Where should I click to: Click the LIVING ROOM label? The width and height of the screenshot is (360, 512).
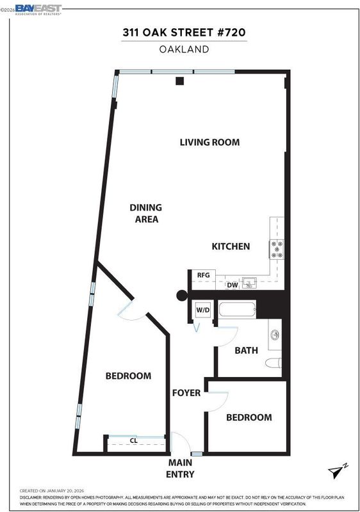pos(209,142)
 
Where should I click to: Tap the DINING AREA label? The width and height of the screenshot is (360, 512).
pos(146,213)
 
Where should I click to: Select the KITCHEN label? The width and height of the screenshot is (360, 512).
pos(231,246)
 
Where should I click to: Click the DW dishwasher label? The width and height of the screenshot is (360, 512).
pos(233,285)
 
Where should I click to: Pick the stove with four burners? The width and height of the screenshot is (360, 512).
pos(277,250)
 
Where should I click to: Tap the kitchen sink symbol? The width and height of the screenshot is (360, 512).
pos(249,282)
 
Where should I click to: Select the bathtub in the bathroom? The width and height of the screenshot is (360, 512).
pos(237,309)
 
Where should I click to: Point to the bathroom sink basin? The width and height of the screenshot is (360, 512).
pos(275,335)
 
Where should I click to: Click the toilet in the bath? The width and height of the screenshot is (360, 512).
pos(274,362)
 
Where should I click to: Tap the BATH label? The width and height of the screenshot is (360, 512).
pos(247,350)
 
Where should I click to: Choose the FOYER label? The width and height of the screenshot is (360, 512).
pos(186,393)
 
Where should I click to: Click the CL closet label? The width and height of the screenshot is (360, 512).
pos(134,440)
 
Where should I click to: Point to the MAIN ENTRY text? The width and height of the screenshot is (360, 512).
pos(180,468)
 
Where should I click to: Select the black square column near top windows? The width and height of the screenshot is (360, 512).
pos(179,81)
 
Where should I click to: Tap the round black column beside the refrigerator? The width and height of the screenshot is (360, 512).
pos(182,296)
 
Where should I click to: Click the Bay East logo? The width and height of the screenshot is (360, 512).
pos(38,10)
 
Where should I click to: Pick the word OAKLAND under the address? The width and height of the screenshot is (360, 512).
pos(184,49)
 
